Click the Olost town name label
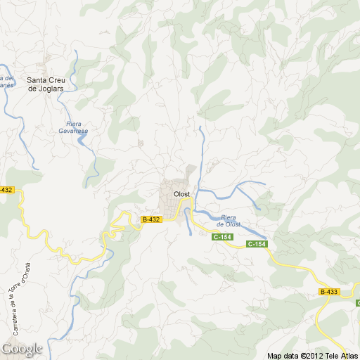pyautogui.click(x=181, y=193)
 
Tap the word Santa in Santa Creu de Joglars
pyautogui.click(x=37, y=79)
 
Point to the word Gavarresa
pyautogui.click(x=73, y=131)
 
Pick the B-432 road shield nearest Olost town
pyautogui.click(x=151, y=219)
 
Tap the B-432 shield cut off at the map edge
pyautogui.click(x=6, y=190)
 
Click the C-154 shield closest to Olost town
pyautogui.click(x=222, y=237)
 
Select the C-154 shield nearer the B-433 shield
pyautogui.click(x=257, y=244)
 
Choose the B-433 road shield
pyautogui.click(x=328, y=291)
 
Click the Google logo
pyautogui.click(x=22, y=349)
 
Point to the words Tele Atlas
pyautogui.click(x=340, y=356)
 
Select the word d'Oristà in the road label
pyautogui.click(x=26, y=271)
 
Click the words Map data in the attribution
pyautogui.click(x=283, y=356)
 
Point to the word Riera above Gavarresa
pyautogui.click(x=73, y=124)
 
